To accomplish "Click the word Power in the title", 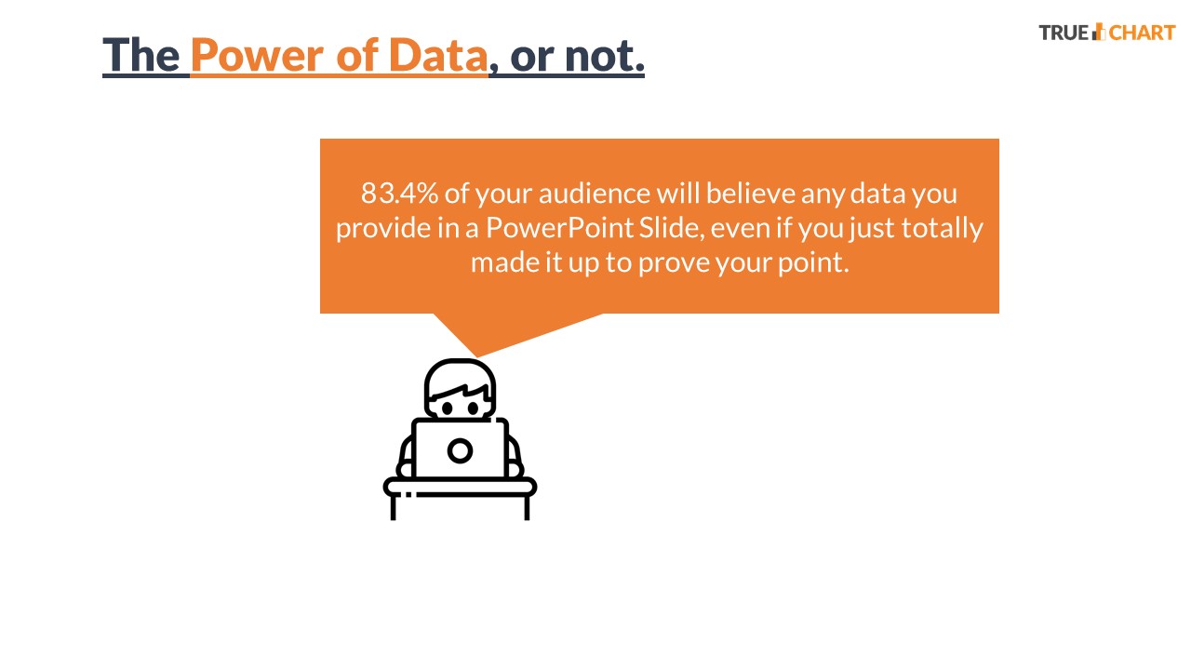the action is click(257, 55).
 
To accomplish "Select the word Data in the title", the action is click(438, 55).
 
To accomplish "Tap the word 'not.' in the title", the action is click(605, 56).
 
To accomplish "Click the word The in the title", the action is click(141, 55).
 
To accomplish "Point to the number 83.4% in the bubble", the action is click(399, 194).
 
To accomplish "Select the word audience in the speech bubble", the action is click(594, 194).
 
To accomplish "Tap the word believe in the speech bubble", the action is click(750, 194).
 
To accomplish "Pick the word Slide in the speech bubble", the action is click(671, 228).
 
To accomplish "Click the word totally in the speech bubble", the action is click(943, 229).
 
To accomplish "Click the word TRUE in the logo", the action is click(1064, 33).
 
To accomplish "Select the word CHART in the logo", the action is click(1142, 33).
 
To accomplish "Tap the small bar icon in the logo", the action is click(1099, 32).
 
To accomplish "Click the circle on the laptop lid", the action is click(460, 451).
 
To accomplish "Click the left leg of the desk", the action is click(394, 508).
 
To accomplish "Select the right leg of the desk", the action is click(527, 508).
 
